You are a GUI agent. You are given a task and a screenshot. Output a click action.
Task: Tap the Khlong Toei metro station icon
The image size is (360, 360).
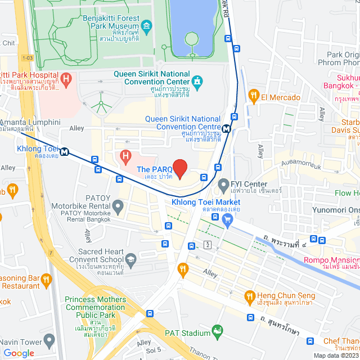point(65,151)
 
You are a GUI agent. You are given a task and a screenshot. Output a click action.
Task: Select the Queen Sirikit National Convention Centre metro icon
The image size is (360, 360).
point(226,128)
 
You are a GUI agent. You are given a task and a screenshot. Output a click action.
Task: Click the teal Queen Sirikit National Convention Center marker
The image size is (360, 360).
point(197,81)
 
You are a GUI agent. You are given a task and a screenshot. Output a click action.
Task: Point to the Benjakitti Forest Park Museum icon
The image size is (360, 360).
point(147,26)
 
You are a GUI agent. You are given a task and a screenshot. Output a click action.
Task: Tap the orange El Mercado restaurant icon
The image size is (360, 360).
point(254,97)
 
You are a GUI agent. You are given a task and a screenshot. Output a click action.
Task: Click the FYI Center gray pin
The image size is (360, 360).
point(223,184)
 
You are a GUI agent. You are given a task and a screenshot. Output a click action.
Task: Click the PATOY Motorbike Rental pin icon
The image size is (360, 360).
point(118,208)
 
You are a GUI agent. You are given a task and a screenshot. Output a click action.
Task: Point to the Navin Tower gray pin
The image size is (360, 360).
point(49,341)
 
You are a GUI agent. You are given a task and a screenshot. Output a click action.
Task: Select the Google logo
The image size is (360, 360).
point(19,353)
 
